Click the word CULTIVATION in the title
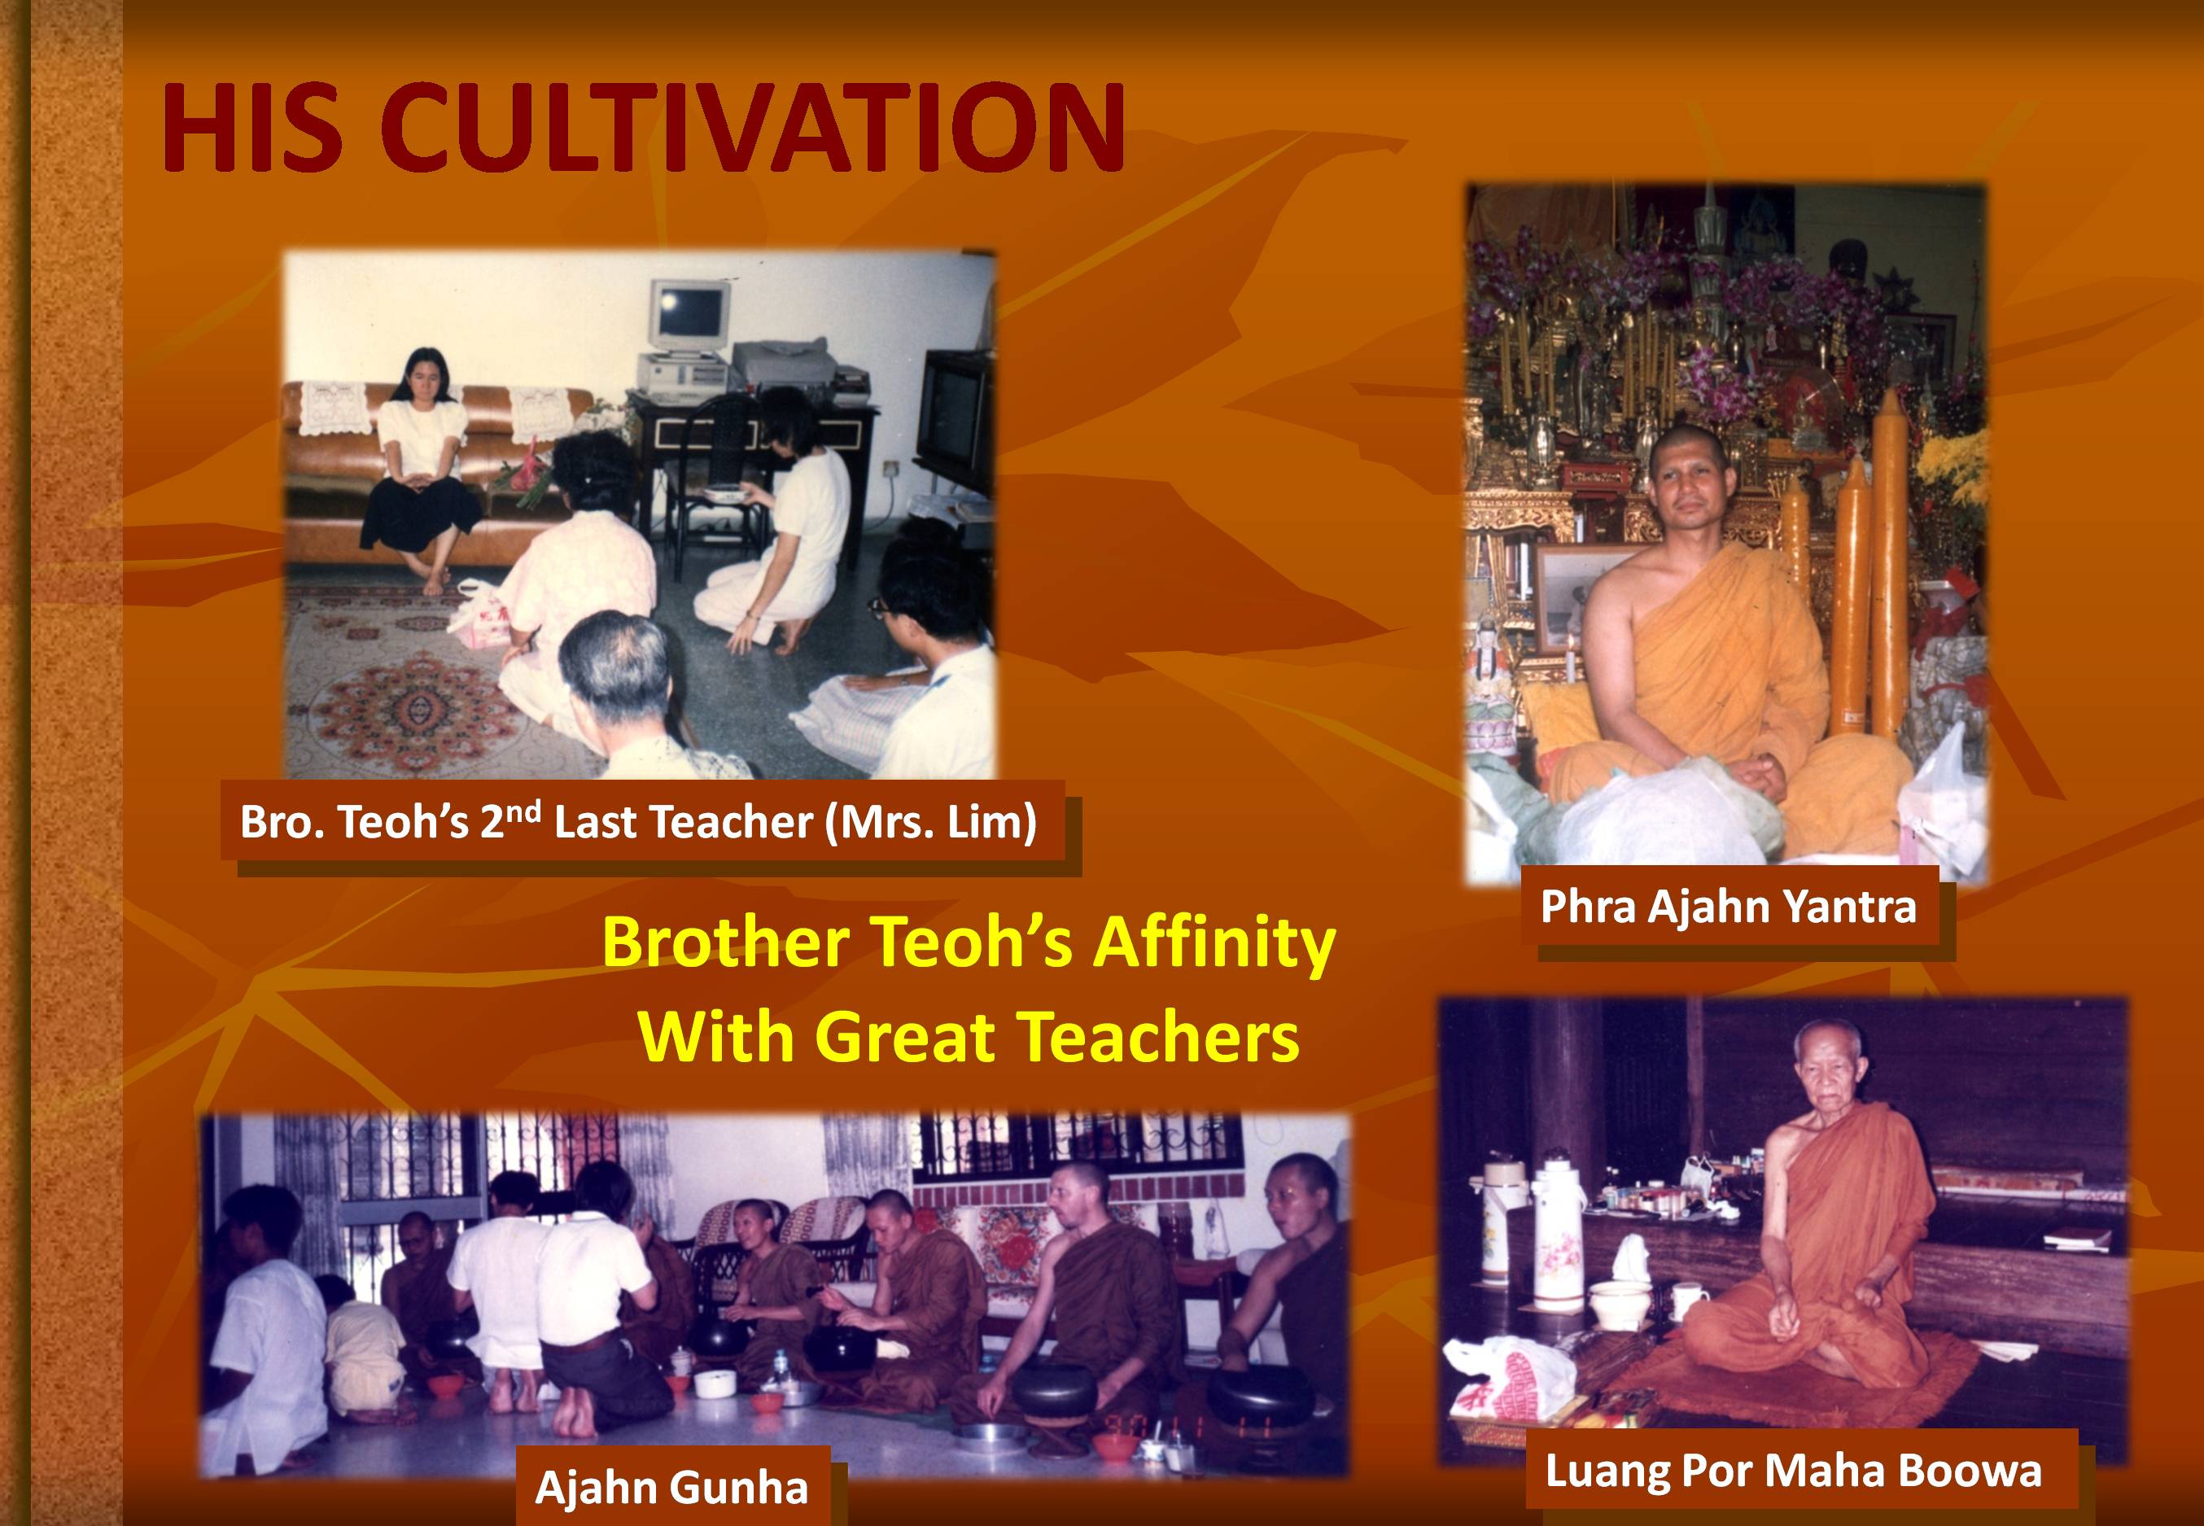756,127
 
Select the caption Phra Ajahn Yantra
1729,907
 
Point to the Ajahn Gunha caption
671,1488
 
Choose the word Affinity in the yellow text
1214,944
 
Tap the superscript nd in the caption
524,813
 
